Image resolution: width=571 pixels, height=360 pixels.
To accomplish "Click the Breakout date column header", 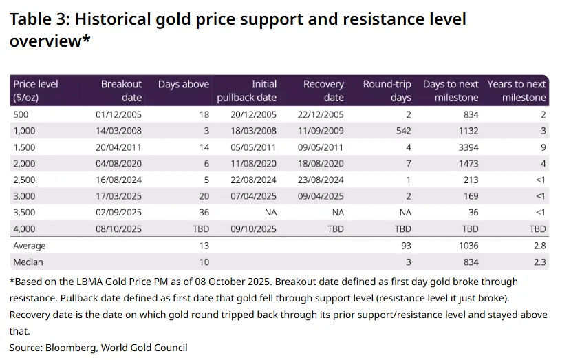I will tap(121, 90).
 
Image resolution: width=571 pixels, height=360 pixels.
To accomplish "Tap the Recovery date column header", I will tap(323, 90).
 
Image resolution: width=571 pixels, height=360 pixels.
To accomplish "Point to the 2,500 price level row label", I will tap(25, 180).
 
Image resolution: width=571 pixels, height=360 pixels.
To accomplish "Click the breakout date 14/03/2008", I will tap(118, 131).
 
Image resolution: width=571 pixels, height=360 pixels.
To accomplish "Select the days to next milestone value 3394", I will tap(467, 147).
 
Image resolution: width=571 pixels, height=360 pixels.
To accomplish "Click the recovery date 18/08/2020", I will tap(320, 164).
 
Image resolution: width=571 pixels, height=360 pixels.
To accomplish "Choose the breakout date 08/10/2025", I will tap(118, 229).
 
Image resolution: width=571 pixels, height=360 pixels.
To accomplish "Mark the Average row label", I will tap(30, 246).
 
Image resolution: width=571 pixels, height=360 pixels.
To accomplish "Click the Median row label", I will tap(28, 262).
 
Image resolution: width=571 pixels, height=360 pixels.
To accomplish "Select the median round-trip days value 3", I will tap(408, 262).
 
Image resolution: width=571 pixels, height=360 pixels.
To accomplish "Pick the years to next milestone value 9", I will tap(543, 147).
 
